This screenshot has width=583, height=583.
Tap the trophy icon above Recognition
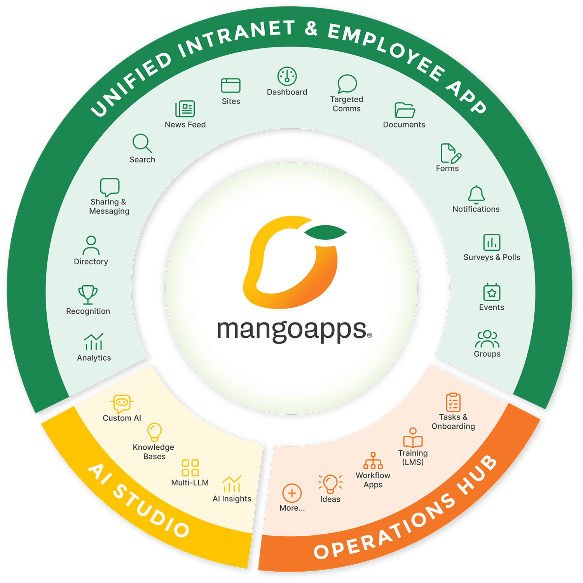88,294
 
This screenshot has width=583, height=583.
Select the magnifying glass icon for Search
142,143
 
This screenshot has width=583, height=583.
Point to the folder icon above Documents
405,110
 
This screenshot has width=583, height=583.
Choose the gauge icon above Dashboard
287,76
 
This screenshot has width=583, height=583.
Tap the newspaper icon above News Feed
185,109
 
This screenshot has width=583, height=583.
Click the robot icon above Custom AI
122,403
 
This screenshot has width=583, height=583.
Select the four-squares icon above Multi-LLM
190,468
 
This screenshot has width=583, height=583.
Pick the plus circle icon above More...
292,493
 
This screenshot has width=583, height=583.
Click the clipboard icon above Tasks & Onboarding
453,402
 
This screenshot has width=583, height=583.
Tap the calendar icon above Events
492,292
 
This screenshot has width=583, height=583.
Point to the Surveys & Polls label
492,257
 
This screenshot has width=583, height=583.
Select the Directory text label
91,262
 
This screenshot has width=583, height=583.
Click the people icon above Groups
487,339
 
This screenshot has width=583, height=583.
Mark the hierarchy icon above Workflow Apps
373,461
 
